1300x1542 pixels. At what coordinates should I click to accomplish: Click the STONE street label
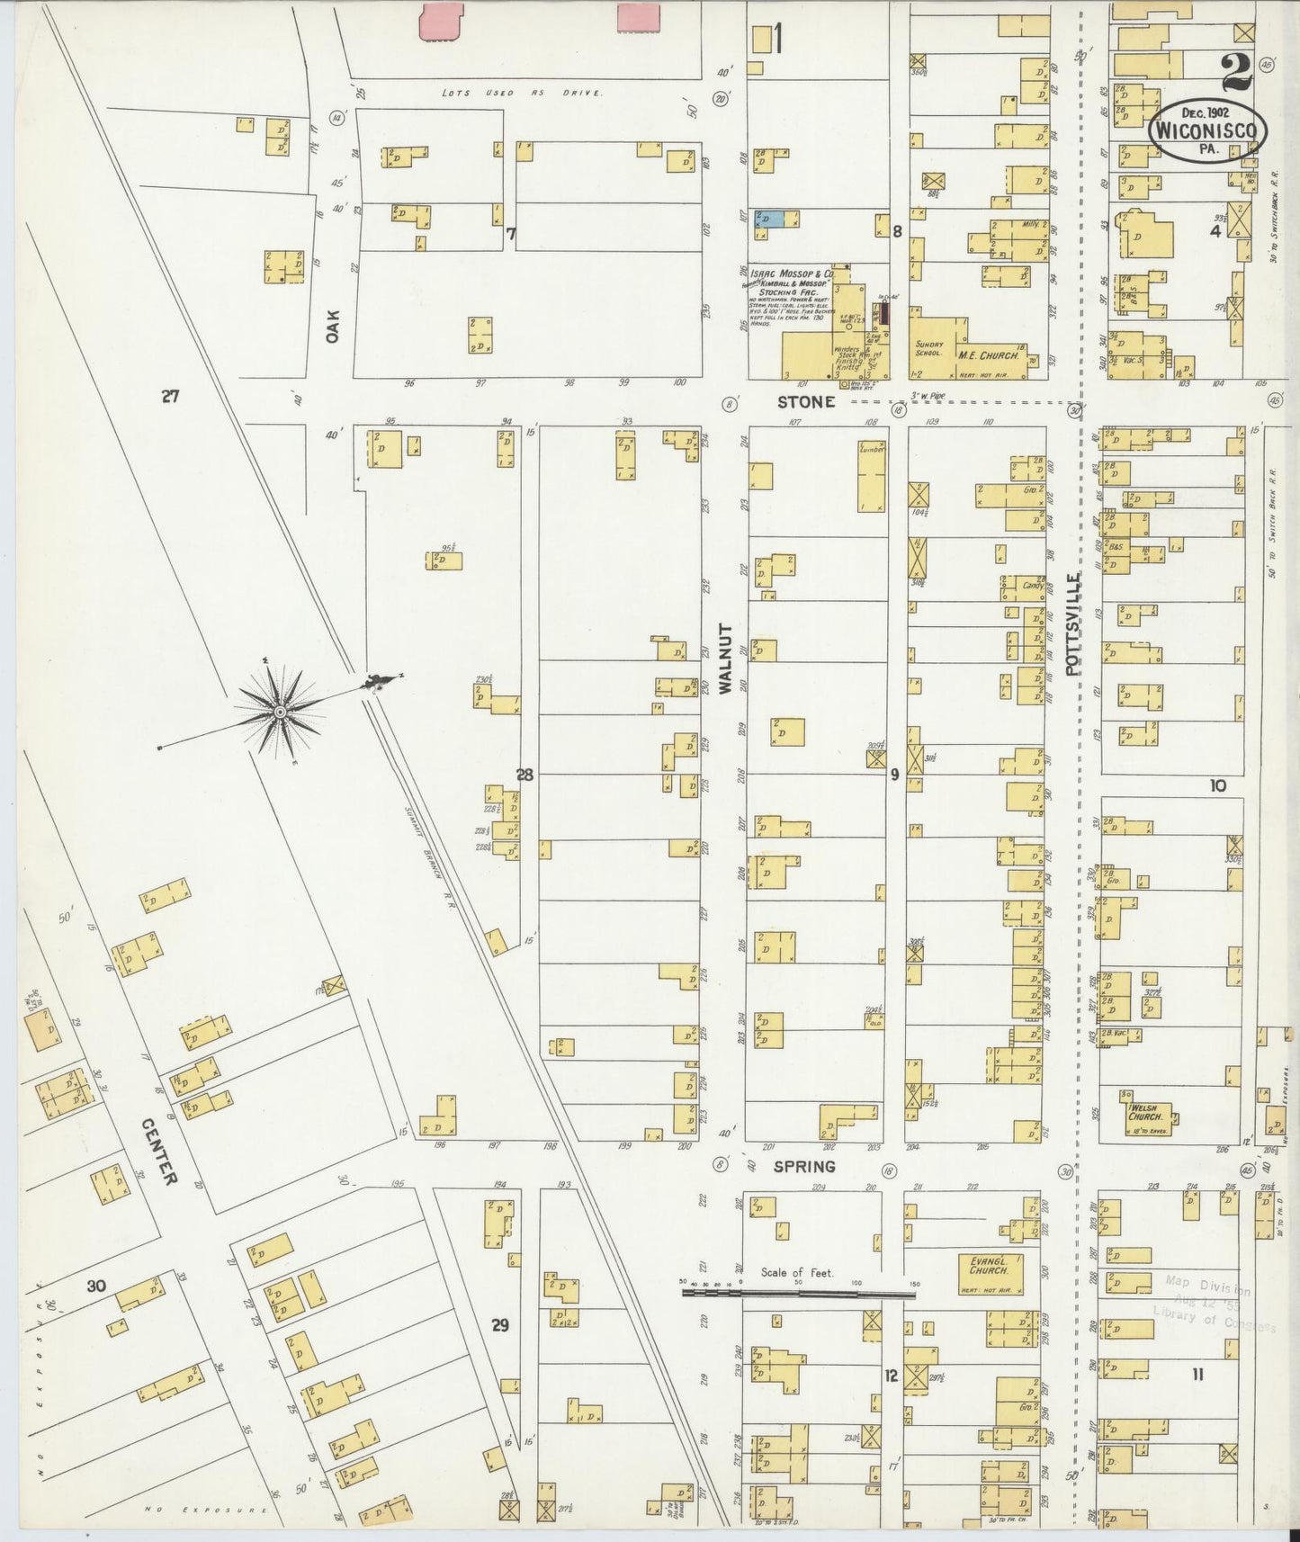click(806, 402)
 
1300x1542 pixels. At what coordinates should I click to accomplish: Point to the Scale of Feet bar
click(797, 1293)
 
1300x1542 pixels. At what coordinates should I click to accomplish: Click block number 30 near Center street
click(96, 1286)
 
